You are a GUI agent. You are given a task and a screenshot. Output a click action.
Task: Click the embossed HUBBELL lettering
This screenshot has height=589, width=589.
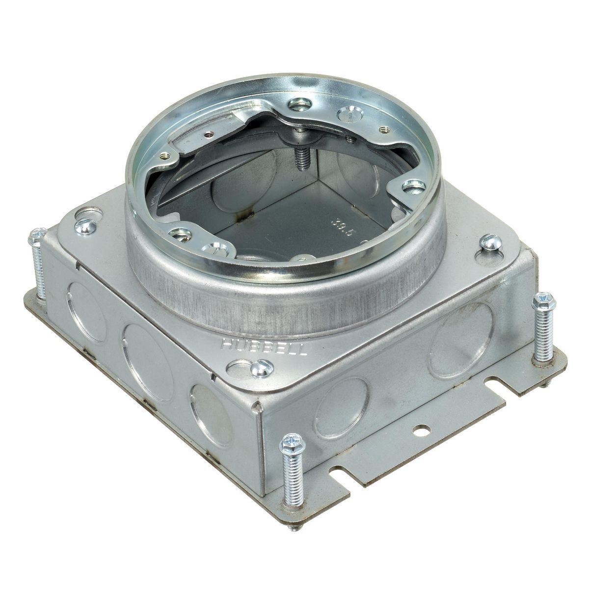click(265, 348)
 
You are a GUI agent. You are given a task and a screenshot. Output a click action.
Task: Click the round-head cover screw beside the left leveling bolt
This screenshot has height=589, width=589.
click(85, 226)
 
